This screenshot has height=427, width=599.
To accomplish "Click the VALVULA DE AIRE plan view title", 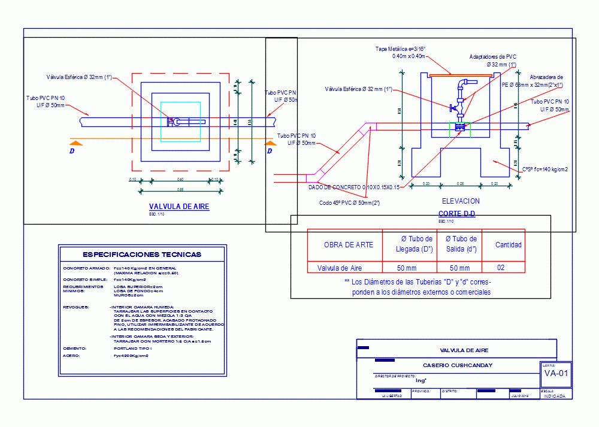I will pyautogui.click(x=179, y=206).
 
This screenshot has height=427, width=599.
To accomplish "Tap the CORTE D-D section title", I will pyautogui.click(x=457, y=214).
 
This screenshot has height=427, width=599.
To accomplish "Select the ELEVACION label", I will pyautogui.click(x=460, y=201).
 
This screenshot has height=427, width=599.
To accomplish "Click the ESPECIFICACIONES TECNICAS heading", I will pyautogui.click(x=142, y=255).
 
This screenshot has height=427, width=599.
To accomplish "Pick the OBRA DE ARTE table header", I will pyautogui.click(x=348, y=244).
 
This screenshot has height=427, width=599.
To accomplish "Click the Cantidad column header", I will pyautogui.click(x=508, y=244).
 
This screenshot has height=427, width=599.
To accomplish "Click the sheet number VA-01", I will pyautogui.click(x=555, y=374).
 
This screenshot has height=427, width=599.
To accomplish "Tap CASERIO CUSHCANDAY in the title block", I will pyautogui.click(x=458, y=365).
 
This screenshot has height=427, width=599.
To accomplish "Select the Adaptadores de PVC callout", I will pyautogui.click(x=492, y=57).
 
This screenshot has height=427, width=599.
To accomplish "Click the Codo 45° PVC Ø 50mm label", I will pyautogui.click(x=350, y=202).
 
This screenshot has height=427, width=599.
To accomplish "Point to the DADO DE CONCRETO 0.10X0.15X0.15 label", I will pyautogui.click(x=353, y=187).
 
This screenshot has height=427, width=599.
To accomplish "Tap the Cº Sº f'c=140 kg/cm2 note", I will pyautogui.click(x=544, y=169).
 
